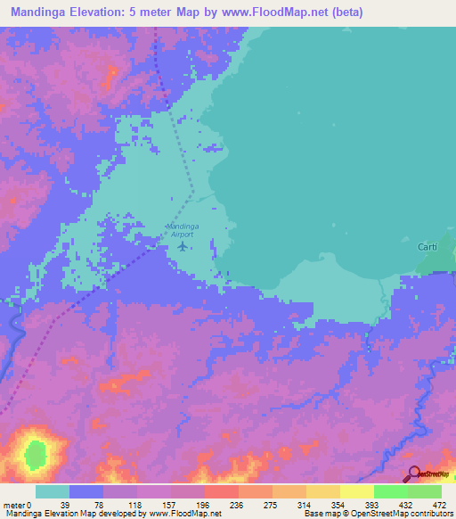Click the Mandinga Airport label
point(183,230)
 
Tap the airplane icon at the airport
point(183,246)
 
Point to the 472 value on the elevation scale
point(437,504)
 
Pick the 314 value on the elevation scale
point(304,504)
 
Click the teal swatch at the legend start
point(53,491)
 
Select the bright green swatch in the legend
point(390,491)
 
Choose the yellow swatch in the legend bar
point(356,491)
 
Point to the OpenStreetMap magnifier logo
point(413,474)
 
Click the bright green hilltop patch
point(36,450)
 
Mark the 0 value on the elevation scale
point(29,504)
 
